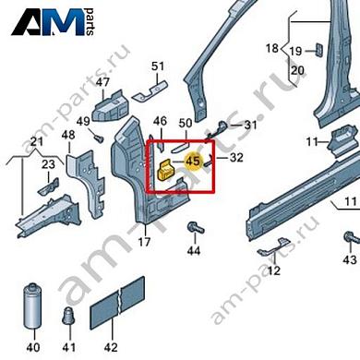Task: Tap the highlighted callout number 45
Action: pyautogui.click(x=194, y=161)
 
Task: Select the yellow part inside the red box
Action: pyautogui.click(x=169, y=171)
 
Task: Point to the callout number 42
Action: pyautogui.click(x=111, y=348)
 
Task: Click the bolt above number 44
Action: pyautogui.click(x=193, y=226)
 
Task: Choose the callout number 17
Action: pyautogui.click(x=144, y=242)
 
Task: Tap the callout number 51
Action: pyautogui.click(x=158, y=66)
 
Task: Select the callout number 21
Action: pyautogui.click(x=36, y=140)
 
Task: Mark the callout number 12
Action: pyautogui.click(x=274, y=270)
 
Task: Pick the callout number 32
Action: pyautogui.click(x=236, y=157)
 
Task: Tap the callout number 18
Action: pyautogui.click(x=272, y=48)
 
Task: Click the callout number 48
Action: pyautogui.click(x=68, y=136)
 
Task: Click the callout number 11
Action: pyautogui.click(x=312, y=141)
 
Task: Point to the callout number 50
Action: pyautogui.click(x=185, y=123)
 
